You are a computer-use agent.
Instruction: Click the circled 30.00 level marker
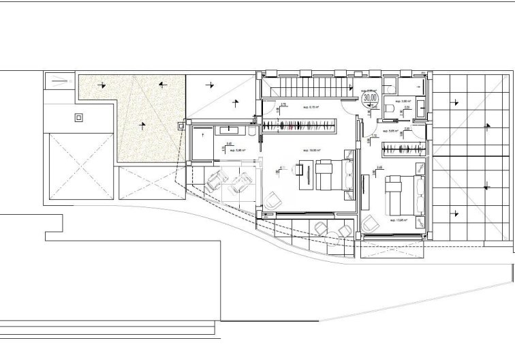pyautogui.click(x=371, y=97)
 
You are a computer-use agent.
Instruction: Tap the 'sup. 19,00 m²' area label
pyautogui.click(x=313, y=150)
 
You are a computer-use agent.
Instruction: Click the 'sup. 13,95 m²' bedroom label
pyautogui.click(x=398, y=220)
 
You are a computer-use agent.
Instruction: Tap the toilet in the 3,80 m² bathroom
pyautogui.click(x=389, y=108)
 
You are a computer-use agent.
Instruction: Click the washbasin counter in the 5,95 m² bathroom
pyautogui.click(x=228, y=129)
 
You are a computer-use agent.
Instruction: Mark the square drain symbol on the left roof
pyautogui.click(x=79, y=117)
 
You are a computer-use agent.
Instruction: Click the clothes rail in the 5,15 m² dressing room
pyautogui.click(x=300, y=124)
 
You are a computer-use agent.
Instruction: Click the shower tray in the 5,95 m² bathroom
pyautogui.click(x=202, y=144)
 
